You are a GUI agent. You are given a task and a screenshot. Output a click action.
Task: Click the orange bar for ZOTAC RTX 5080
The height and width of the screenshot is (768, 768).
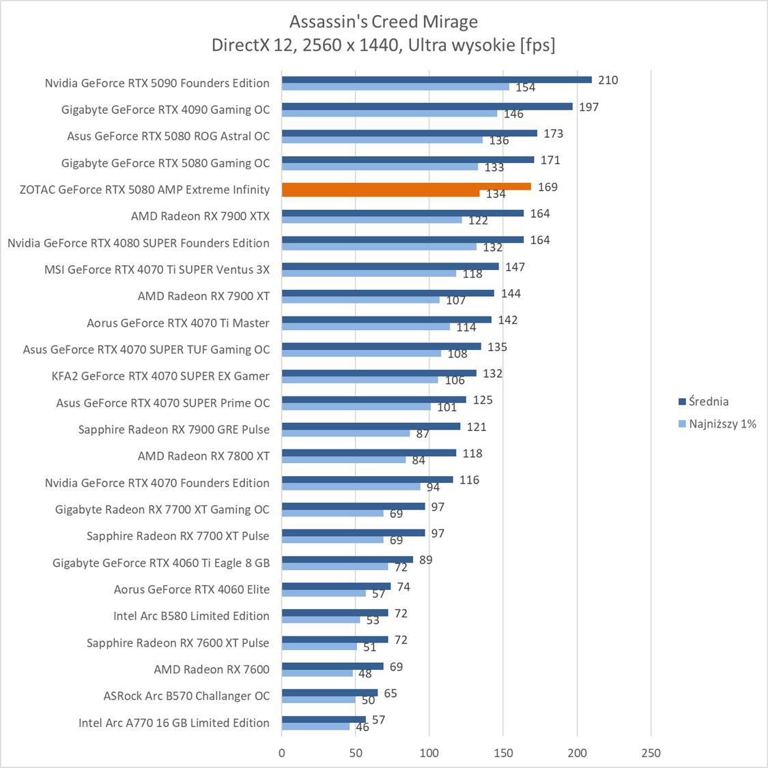(x=406, y=186)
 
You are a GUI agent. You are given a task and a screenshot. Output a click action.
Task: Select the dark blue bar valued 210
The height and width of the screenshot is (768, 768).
(x=437, y=80)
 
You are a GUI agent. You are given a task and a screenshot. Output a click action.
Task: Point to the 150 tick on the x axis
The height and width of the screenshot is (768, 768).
(x=503, y=753)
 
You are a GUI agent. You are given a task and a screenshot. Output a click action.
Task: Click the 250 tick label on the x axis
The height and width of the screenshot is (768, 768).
(x=651, y=753)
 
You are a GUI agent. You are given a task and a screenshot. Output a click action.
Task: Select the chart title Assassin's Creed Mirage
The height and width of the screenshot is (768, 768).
(x=383, y=22)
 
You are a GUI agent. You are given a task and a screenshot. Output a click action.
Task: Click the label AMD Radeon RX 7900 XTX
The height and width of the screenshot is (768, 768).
(x=200, y=216)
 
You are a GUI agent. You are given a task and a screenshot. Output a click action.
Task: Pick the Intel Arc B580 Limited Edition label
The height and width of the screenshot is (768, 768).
(x=191, y=616)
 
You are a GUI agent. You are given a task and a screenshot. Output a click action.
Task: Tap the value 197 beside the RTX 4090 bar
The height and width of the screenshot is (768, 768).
(x=588, y=107)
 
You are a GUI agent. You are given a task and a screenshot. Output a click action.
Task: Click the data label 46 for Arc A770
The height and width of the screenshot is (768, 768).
(x=362, y=728)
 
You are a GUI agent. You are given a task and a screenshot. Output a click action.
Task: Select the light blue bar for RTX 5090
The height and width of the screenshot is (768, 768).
(x=395, y=87)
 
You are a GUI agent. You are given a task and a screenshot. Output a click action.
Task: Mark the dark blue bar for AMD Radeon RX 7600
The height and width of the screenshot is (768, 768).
(x=332, y=666)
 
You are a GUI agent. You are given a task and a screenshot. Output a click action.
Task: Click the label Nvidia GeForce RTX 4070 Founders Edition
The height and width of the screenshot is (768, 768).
(x=157, y=483)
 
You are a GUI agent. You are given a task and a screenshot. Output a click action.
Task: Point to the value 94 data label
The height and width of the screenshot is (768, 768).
(x=433, y=487)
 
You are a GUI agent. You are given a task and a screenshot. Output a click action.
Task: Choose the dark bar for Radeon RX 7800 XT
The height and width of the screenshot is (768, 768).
(x=369, y=453)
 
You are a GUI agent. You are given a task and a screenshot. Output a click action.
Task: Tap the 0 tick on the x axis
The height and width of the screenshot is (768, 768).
(x=282, y=753)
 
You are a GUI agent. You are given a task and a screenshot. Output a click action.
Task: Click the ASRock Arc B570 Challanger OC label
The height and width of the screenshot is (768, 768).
(x=186, y=696)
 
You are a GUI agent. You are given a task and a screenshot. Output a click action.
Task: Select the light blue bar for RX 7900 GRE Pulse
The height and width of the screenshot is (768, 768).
(x=346, y=433)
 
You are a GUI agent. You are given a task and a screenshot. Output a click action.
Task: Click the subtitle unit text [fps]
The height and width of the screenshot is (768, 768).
(x=537, y=45)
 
